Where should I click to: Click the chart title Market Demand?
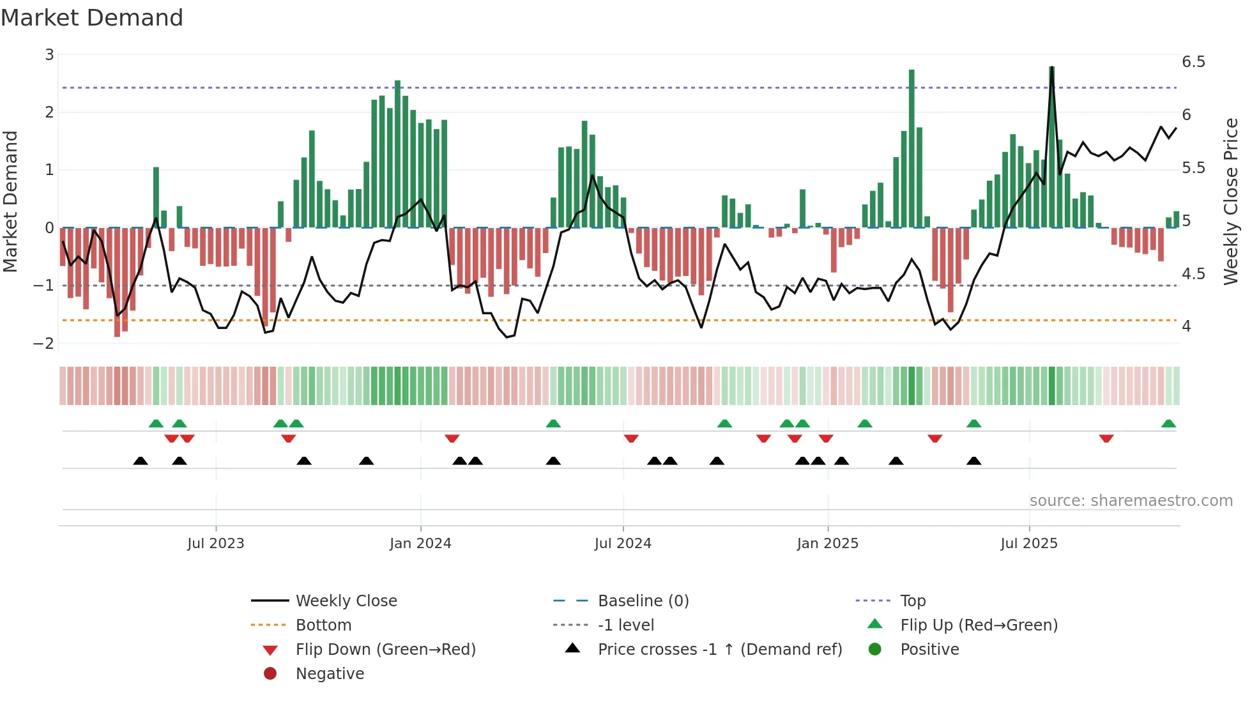click(x=92, y=18)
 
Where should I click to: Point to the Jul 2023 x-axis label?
click(x=216, y=544)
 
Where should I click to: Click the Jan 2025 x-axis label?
click(x=827, y=544)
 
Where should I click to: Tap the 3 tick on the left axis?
click(x=49, y=55)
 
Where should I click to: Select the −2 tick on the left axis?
click(x=44, y=344)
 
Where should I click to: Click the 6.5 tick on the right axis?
click(x=1193, y=62)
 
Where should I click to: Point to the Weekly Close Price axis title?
click(x=1230, y=201)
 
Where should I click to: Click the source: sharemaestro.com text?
click(x=1131, y=501)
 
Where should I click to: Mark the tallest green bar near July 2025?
click(x=1051, y=147)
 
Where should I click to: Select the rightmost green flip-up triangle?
click(x=1168, y=424)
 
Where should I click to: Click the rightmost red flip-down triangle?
click(x=1106, y=438)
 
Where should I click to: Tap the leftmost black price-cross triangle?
click(x=141, y=461)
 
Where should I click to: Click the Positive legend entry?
click(x=929, y=650)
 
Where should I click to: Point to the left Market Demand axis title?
click(x=10, y=201)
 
